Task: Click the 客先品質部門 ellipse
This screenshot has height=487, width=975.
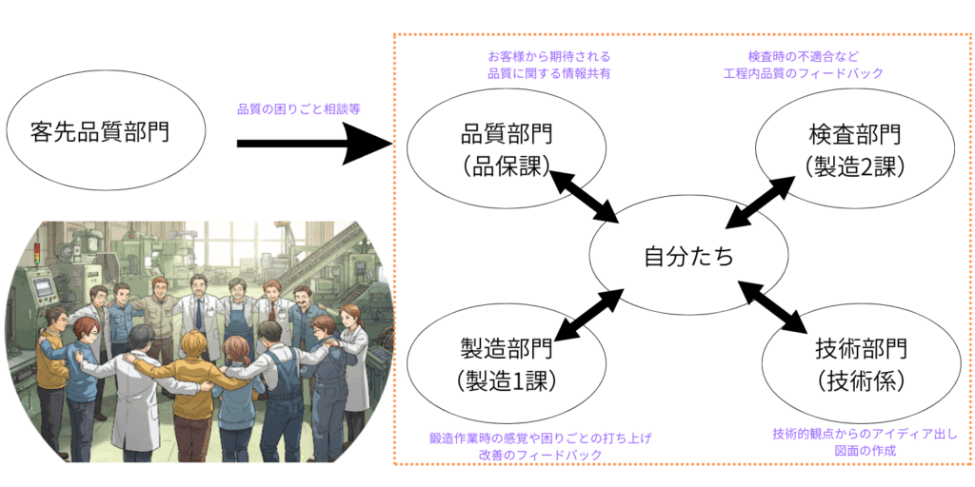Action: click(x=106, y=131)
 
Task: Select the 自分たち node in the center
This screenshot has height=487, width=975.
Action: click(x=688, y=256)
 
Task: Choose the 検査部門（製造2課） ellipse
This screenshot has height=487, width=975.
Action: click(x=855, y=149)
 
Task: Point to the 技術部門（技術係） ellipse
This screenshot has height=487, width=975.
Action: click(x=862, y=364)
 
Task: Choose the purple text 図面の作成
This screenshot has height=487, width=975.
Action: click(x=865, y=451)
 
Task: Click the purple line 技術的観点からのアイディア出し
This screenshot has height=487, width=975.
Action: click(x=865, y=435)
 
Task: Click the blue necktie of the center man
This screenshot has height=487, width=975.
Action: click(x=199, y=314)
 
